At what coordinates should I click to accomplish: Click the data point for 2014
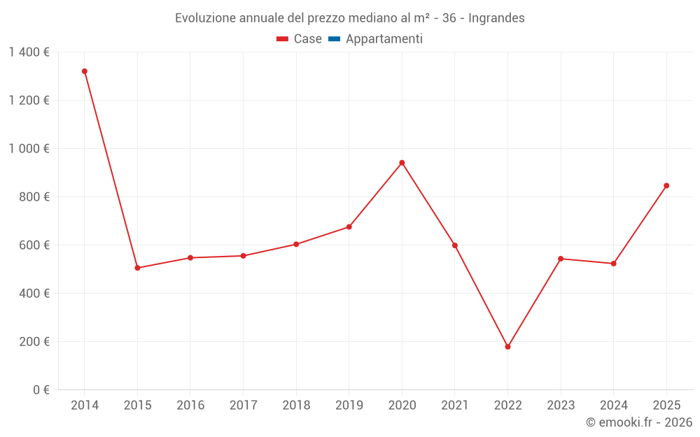(x=85, y=71)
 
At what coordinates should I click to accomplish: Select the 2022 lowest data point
(x=507, y=347)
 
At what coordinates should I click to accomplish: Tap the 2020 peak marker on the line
(x=402, y=163)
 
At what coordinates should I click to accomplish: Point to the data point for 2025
(x=666, y=186)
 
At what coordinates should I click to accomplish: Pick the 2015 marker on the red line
(x=137, y=268)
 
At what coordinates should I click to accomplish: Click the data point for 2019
(x=349, y=227)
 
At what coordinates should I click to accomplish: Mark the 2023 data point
(x=561, y=259)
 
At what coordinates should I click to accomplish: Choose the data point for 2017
(x=243, y=256)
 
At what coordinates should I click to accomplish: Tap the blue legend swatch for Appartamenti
(x=334, y=39)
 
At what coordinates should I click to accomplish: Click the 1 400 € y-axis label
(x=29, y=52)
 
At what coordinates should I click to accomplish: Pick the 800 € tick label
(x=35, y=197)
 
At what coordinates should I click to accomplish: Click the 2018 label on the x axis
(x=296, y=406)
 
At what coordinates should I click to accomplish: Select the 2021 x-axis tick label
(x=455, y=406)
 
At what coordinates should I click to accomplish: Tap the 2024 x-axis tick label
(x=614, y=406)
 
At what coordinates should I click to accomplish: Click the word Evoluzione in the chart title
(x=204, y=18)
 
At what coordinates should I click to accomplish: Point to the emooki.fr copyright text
(x=639, y=422)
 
